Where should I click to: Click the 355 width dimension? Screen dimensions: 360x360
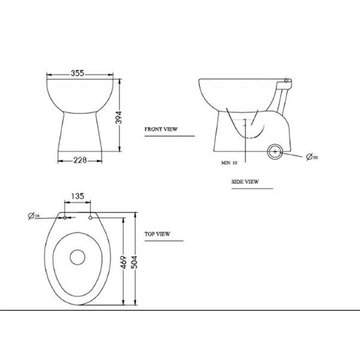point(78,73)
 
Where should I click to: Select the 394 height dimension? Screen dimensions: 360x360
point(118,118)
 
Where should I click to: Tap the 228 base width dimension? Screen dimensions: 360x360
point(80,160)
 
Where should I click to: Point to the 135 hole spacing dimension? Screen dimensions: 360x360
point(78,196)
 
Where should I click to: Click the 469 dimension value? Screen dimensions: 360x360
point(124,262)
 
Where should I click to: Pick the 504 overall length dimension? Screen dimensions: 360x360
point(134,262)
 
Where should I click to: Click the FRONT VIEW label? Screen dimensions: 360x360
point(161,129)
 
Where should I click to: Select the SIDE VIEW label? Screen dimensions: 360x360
point(245,182)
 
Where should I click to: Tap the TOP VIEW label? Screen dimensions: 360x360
point(157,234)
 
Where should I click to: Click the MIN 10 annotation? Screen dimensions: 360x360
point(229,163)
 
